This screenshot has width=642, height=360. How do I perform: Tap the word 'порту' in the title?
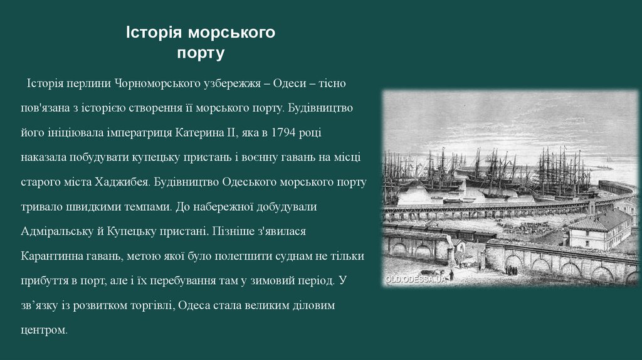click(x=200, y=53)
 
